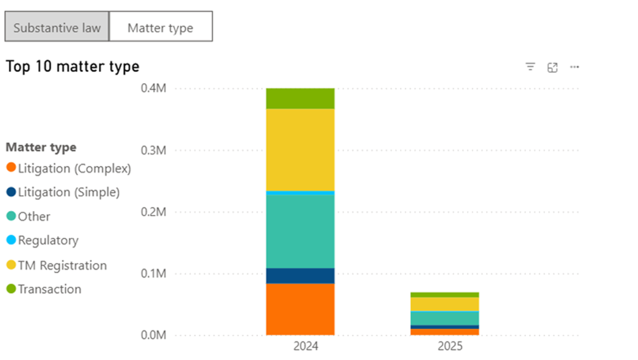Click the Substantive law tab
pos(57,27)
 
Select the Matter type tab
pos(160,27)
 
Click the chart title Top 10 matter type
pos(72,67)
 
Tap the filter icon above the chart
pos(530,67)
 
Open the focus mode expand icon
pos(552,67)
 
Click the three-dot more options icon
pos(575,67)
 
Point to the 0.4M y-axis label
pos(154,88)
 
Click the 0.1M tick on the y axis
pos(154,274)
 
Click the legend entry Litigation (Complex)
pos(74,169)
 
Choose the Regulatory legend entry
pos(48,240)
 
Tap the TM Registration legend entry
pos(62,265)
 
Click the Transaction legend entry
pos(49,289)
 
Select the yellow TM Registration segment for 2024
pos(300,150)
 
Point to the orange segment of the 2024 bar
pos(300,309)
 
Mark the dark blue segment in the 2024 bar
pos(300,276)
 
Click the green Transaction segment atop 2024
pos(300,98)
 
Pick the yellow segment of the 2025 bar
pos(445,304)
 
